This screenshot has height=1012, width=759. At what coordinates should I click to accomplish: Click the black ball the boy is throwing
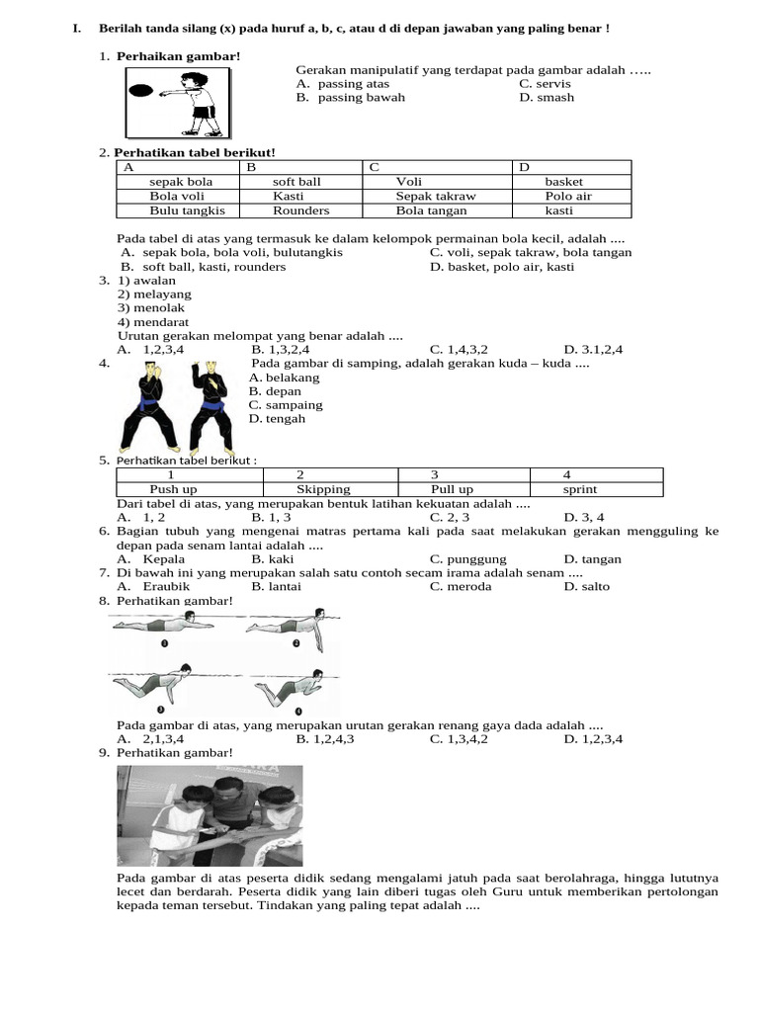(x=141, y=90)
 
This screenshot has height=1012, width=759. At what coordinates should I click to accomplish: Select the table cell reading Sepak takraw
(x=435, y=196)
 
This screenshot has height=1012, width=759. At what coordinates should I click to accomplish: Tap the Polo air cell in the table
(x=568, y=196)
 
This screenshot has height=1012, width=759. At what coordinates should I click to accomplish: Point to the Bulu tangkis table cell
(x=187, y=211)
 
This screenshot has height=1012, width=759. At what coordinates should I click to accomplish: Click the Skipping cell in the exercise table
(x=323, y=489)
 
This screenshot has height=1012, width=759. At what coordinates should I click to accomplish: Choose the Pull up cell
(x=452, y=489)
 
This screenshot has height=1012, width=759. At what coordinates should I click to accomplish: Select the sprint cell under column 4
(x=580, y=489)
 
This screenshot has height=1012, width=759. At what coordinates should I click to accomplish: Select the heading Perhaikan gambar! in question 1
(x=178, y=56)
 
